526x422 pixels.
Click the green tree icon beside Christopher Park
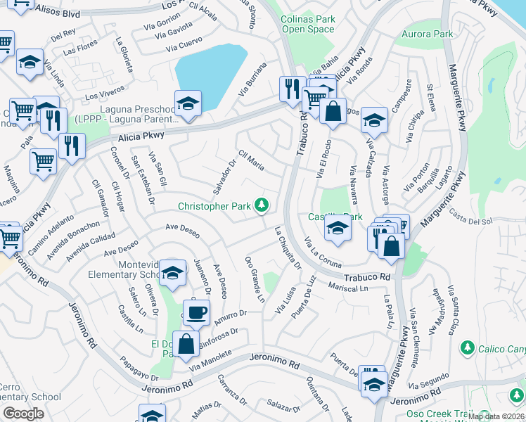tap(262, 205)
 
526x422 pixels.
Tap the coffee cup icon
tap(196, 311)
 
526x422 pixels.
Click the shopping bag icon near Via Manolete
tap(186, 345)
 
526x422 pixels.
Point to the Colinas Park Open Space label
tap(307, 25)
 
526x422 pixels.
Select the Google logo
tap(24, 413)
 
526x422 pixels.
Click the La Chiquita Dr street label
tap(287, 248)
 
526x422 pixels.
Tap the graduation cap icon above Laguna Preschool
tap(188, 103)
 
